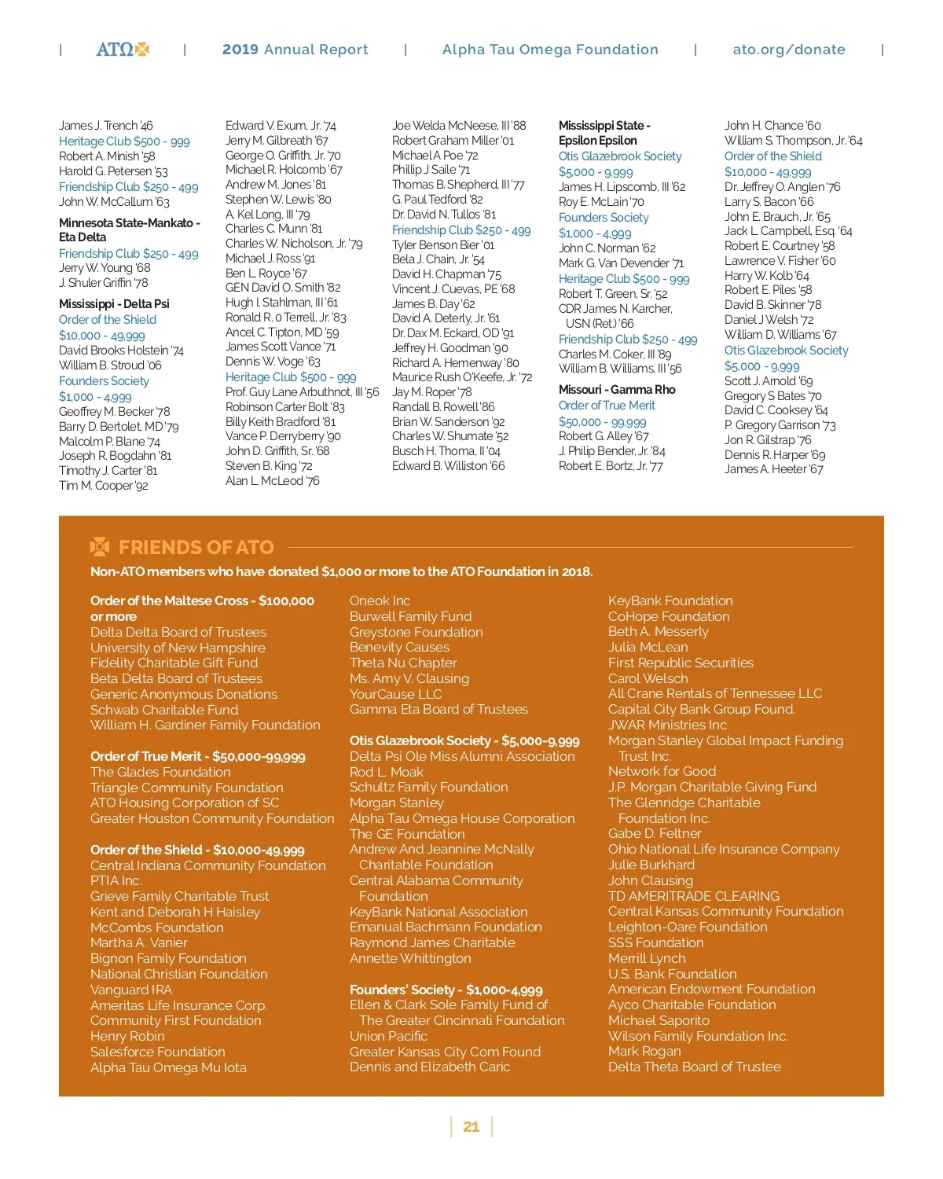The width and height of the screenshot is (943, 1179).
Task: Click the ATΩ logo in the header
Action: click(x=123, y=50)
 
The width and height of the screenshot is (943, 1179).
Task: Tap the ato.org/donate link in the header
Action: click(x=789, y=50)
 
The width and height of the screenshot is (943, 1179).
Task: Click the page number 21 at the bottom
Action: click(x=472, y=1126)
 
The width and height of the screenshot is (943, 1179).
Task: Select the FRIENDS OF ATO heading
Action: click(x=196, y=547)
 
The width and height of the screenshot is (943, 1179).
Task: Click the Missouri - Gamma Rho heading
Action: click(x=617, y=390)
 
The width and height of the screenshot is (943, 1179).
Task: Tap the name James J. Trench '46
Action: click(x=106, y=126)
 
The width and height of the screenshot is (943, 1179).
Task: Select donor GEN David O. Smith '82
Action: click(x=283, y=288)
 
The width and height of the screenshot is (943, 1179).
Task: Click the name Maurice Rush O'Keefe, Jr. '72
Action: click(x=462, y=377)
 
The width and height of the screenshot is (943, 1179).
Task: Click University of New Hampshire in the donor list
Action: click(x=178, y=648)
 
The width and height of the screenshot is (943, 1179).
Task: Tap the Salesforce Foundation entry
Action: click(x=157, y=1052)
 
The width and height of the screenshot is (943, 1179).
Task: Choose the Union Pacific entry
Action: click(x=388, y=1036)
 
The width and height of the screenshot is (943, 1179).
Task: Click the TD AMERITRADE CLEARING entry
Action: click(x=694, y=896)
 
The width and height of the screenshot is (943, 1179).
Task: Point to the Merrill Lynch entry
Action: click(x=647, y=958)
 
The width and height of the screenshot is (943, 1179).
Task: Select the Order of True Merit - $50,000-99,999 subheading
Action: click(x=198, y=756)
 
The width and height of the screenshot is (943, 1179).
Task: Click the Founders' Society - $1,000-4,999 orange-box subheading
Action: click(x=446, y=990)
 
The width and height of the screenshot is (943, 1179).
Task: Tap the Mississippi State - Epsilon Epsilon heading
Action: click(x=604, y=133)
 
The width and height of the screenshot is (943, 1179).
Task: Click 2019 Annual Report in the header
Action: click(x=295, y=50)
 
